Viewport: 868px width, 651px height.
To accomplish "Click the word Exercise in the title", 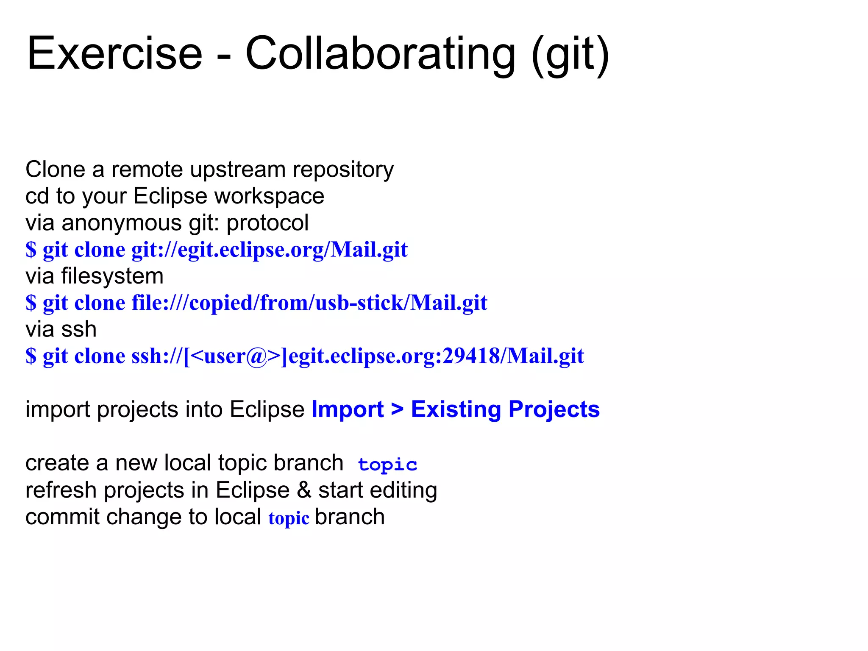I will pyautogui.click(x=114, y=54).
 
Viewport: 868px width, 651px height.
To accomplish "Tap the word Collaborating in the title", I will pyautogui.click(x=380, y=54).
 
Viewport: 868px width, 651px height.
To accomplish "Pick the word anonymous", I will pyautogui.click(x=122, y=223).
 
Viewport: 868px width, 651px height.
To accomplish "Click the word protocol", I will pyautogui.click(x=267, y=223).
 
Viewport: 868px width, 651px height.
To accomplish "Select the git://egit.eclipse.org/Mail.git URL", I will pyautogui.click(x=270, y=250).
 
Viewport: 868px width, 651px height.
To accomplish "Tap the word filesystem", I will pyautogui.click(x=112, y=276).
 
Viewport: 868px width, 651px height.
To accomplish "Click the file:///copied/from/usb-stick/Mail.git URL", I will pyautogui.click(x=309, y=303).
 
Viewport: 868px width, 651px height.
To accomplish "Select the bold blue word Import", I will pyautogui.click(x=348, y=409).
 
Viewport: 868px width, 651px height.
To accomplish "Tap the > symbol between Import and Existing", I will pyautogui.click(x=397, y=409).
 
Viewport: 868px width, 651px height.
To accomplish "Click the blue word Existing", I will pyautogui.click(x=456, y=409).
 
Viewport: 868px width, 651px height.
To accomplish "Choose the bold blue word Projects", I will pyautogui.click(x=554, y=409).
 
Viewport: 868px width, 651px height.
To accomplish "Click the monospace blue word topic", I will pyautogui.click(x=387, y=465).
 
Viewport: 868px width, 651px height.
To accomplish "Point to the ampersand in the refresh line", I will pyautogui.click(x=304, y=490).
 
